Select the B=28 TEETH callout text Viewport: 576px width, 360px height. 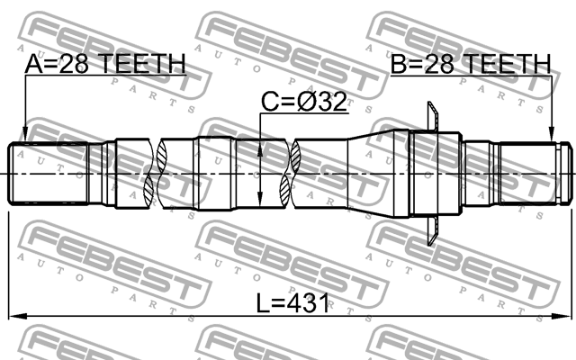pyautogui.click(x=469, y=64)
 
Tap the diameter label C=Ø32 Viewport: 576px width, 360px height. pyautogui.click(x=303, y=103)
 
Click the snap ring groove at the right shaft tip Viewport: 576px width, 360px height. pyautogui.click(x=561, y=173)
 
